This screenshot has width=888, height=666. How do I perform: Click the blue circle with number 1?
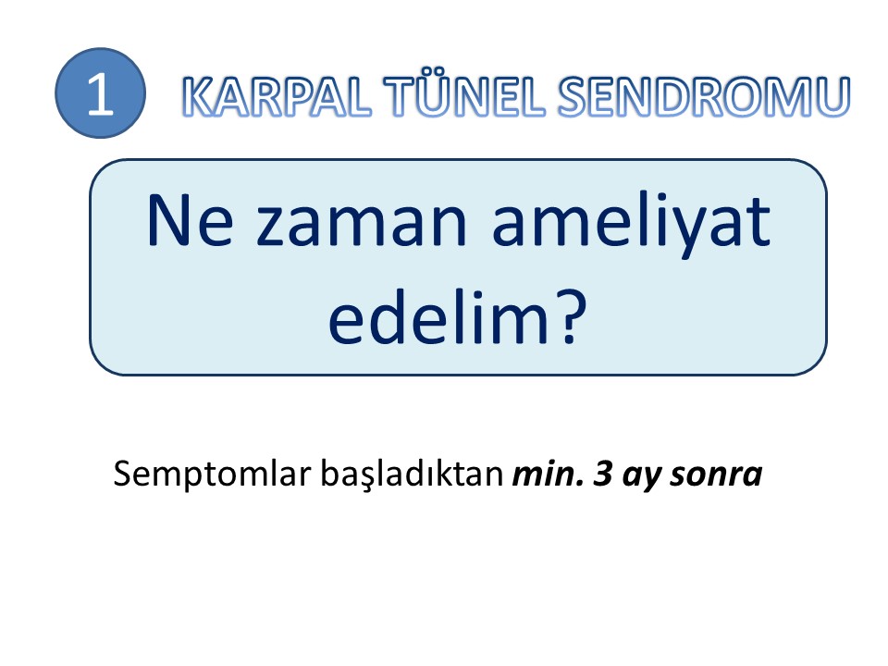click(100, 92)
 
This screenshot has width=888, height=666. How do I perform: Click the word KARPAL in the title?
click(277, 97)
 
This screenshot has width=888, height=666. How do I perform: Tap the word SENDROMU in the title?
click(703, 97)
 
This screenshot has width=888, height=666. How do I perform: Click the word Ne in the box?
click(190, 220)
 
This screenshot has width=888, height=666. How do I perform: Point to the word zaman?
click(362, 227)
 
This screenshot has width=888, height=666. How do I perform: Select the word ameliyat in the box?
click(632, 225)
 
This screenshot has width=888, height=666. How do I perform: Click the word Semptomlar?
click(214, 475)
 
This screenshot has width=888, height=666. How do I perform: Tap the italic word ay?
click(643, 478)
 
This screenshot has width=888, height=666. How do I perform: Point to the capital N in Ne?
click(167, 220)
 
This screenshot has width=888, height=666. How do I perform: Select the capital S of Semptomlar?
click(123, 475)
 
